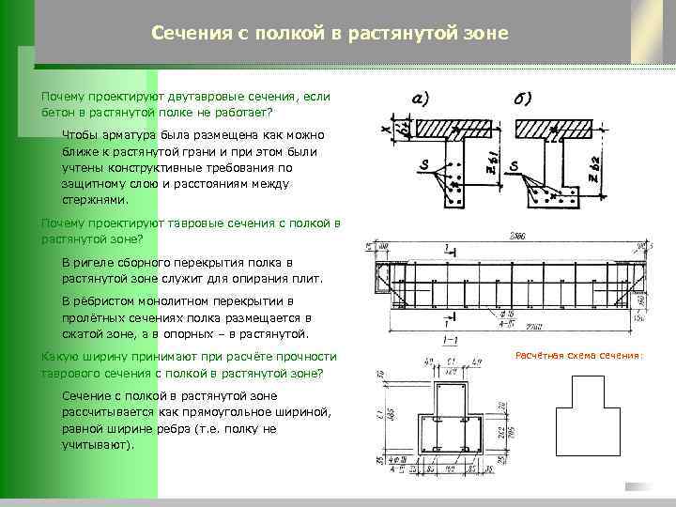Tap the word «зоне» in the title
485,34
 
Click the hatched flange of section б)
554,129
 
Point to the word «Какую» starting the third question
58,357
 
